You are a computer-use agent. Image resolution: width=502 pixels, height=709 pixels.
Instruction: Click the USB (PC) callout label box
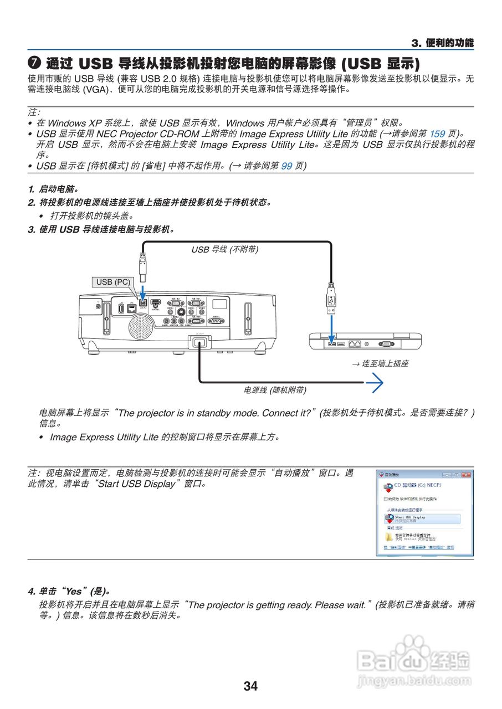point(113,282)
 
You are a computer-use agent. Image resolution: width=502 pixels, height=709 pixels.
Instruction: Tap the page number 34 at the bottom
point(250,686)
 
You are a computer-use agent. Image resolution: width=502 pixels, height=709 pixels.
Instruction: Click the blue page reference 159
point(437,133)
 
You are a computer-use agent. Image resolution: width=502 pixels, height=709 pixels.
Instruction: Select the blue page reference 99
point(286,166)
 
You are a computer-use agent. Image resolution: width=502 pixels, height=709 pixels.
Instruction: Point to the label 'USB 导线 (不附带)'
point(225,249)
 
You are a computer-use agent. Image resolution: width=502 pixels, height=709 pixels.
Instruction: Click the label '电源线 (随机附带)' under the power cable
point(275,390)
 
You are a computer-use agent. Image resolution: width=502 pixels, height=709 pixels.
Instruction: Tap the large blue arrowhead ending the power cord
point(377,382)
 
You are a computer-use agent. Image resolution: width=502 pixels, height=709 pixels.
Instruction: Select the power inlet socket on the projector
point(199,342)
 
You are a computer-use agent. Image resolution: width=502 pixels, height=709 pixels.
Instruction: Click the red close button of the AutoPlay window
point(467,475)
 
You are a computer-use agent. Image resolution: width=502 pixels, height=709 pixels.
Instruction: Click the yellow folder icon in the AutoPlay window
point(388,536)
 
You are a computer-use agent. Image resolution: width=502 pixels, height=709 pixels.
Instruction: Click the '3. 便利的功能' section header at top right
point(443,43)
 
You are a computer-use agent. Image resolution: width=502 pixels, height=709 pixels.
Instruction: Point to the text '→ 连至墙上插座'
point(380,364)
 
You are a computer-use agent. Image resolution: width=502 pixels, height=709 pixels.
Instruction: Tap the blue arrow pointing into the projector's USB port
point(143,292)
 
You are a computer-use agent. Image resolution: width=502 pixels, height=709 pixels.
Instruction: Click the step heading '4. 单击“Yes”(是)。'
point(69,590)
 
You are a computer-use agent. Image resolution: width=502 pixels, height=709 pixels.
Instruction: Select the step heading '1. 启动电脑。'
point(53,189)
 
